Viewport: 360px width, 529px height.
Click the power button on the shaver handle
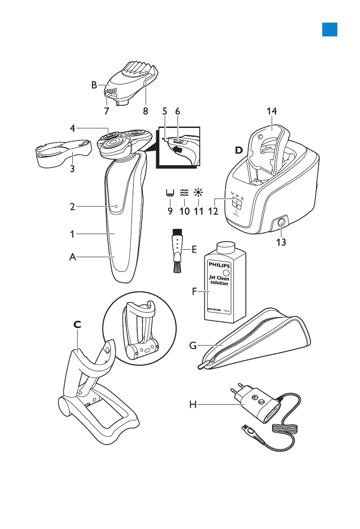115,207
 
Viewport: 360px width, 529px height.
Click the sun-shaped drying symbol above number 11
198,192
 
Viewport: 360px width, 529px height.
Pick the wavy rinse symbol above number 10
184,192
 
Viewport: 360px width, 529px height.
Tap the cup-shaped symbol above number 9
170,193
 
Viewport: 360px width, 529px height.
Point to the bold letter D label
239,150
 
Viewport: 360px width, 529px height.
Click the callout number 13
281,243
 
